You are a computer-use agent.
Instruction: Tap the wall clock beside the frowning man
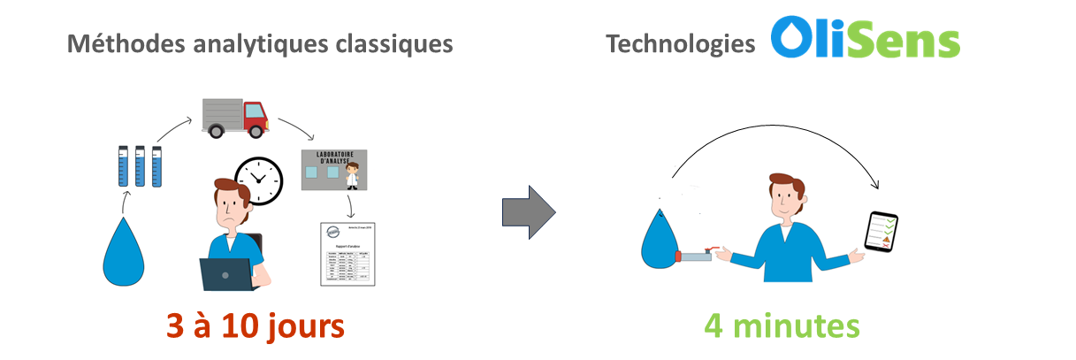click(x=259, y=180)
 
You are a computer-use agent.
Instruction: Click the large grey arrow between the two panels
click(x=528, y=212)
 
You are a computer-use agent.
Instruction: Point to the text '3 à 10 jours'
click(x=255, y=326)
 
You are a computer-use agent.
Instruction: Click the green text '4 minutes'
click(x=782, y=326)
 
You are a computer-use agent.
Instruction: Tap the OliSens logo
click(x=865, y=39)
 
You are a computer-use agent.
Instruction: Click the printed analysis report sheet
click(x=347, y=254)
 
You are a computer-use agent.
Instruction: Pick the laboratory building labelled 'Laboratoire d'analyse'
click(x=334, y=170)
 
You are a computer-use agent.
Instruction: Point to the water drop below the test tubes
click(x=124, y=251)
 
